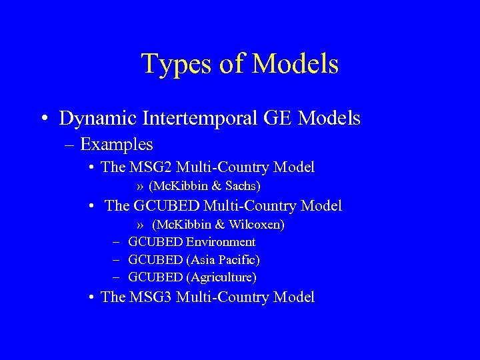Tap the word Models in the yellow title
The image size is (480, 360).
click(296, 64)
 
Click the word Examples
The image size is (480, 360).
click(116, 144)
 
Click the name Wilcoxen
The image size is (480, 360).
click(256, 225)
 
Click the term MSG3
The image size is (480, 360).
click(151, 297)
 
